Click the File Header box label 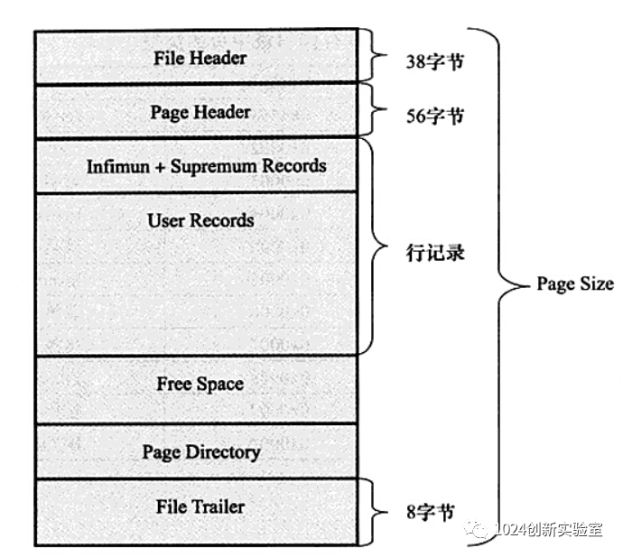click(x=200, y=59)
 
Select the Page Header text click(x=200, y=112)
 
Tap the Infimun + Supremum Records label click(x=206, y=167)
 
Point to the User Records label click(x=200, y=220)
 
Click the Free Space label click(x=200, y=384)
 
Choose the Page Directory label click(x=200, y=452)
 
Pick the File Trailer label click(x=200, y=506)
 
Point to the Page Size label click(x=575, y=284)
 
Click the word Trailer click(x=217, y=506)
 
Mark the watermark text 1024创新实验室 click(x=549, y=530)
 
